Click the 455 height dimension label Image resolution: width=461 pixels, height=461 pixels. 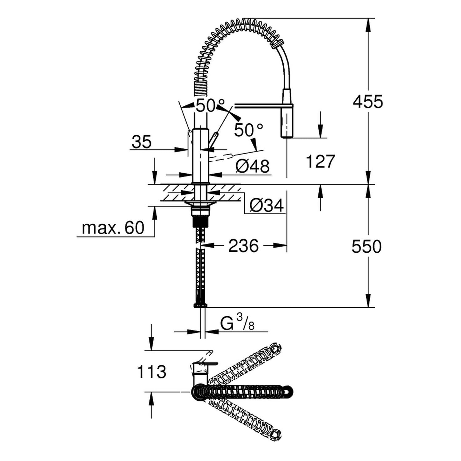tap(368, 102)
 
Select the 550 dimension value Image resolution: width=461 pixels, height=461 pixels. tap(366, 246)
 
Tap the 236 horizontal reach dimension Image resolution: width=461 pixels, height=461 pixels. tap(243, 246)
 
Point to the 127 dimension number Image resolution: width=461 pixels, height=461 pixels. tap(320, 161)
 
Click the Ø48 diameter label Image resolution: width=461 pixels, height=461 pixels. tap(252, 166)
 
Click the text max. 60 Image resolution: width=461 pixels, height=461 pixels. tap(113, 228)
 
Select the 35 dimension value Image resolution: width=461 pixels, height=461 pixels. tap(142, 142)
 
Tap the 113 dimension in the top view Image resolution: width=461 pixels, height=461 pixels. tap(151, 372)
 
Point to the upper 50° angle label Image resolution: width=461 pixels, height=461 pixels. tap(210, 105)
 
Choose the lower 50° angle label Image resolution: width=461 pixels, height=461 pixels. tap(248, 130)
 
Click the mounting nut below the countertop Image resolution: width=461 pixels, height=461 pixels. tap(200, 211)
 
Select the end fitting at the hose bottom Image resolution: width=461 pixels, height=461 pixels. tap(200, 305)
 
